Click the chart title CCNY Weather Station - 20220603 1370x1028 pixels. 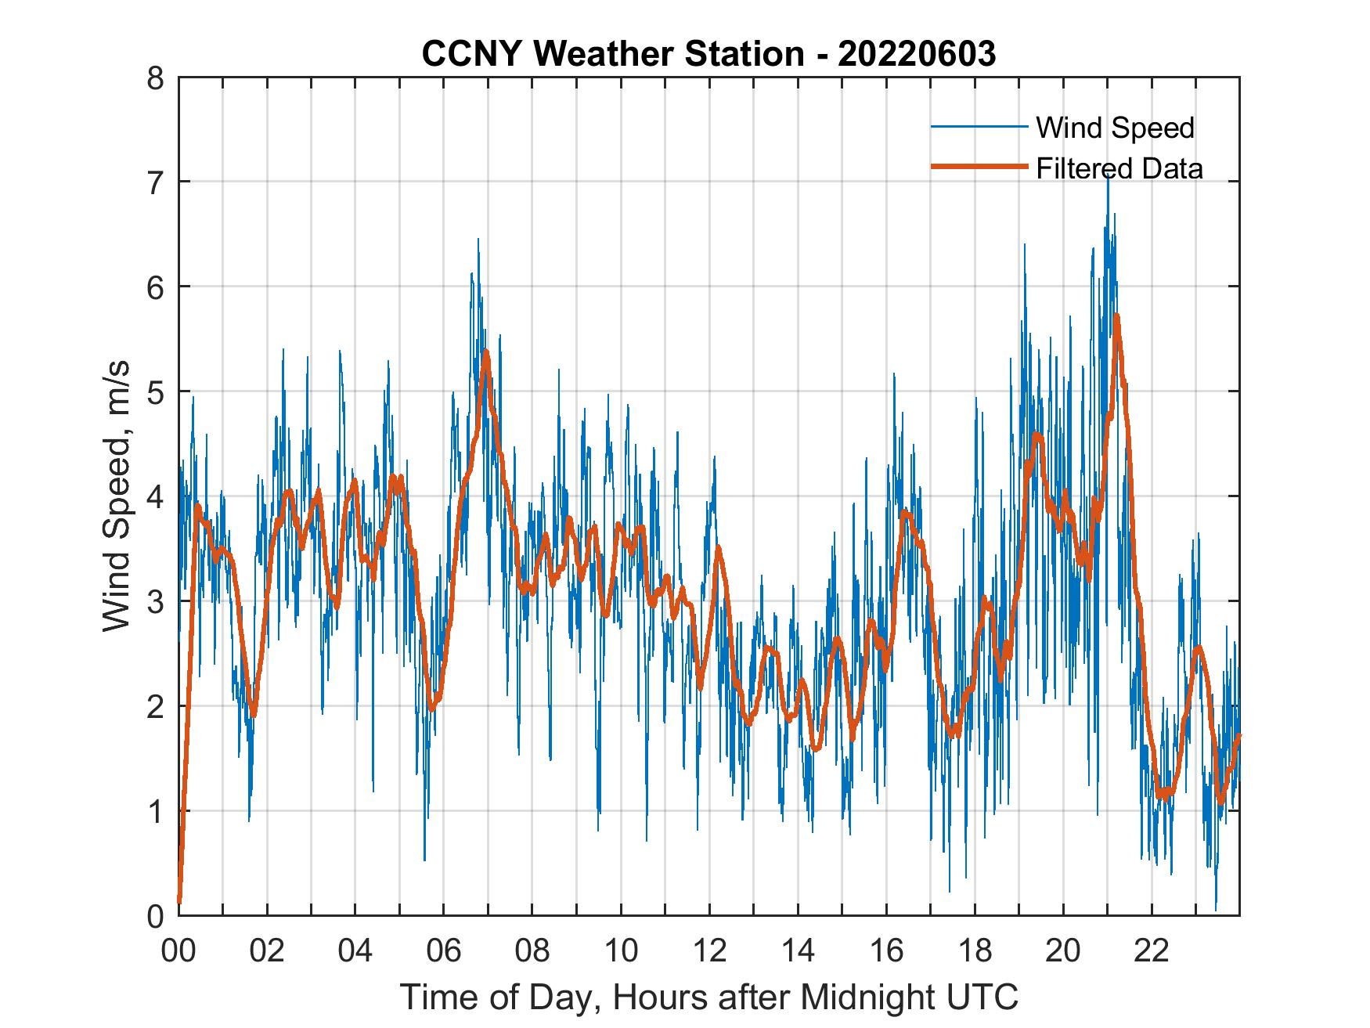(x=708, y=54)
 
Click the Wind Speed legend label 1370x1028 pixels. (x=1115, y=128)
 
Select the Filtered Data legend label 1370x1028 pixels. (x=1119, y=168)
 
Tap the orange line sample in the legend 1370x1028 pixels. (x=979, y=167)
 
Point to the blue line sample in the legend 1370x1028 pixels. (x=979, y=127)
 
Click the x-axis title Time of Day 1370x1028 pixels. (x=709, y=997)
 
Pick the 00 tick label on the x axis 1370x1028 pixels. (x=178, y=951)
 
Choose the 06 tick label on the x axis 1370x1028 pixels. (x=444, y=951)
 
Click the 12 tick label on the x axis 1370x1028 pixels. (x=709, y=951)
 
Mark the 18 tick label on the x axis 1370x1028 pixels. (x=975, y=951)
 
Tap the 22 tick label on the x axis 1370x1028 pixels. (x=1152, y=951)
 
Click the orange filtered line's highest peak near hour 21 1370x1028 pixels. (x=1116, y=316)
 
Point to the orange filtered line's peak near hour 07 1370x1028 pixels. (x=486, y=352)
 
